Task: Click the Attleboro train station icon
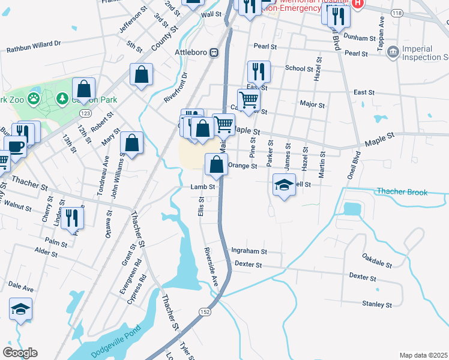point(212,52)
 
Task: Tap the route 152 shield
point(205,311)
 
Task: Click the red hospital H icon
point(358,4)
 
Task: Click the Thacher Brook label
point(402,192)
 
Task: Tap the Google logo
point(20,353)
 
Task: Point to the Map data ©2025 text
point(423,355)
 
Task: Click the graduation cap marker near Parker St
point(284,184)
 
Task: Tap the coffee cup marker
point(16,146)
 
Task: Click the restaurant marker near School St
point(259,71)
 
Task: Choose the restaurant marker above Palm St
point(72,217)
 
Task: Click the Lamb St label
point(203,187)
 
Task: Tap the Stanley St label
point(377,304)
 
